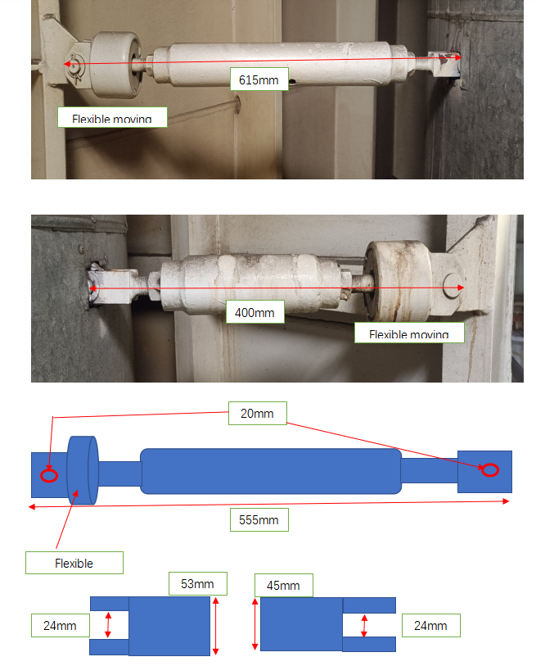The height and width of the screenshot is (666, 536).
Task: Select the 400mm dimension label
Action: pyautogui.click(x=254, y=312)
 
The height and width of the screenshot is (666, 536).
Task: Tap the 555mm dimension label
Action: pyautogui.click(x=259, y=519)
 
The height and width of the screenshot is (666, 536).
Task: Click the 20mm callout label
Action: pyautogui.click(x=257, y=415)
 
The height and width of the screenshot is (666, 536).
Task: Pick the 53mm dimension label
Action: pyautogui.click(x=197, y=584)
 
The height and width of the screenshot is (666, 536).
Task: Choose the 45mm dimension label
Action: pyautogui.click(x=284, y=586)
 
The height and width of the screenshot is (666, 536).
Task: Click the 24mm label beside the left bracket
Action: pyautogui.click(x=60, y=626)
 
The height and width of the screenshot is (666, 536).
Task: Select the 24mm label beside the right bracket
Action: pyautogui.click(x=430, y=626)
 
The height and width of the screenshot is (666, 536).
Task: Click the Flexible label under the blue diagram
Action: pyautogui.click(x=74, y=563)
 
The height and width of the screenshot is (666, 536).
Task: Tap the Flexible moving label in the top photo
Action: pyautogui.click(x=112, y=118)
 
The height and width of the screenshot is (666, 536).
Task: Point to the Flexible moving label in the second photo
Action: pyautogui.click(x=408, y=333)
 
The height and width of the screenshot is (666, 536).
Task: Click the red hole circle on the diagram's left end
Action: pyautogui.click(x=49, y=475)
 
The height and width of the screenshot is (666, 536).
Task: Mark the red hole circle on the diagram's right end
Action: pyautogui.click(x=489, y=469)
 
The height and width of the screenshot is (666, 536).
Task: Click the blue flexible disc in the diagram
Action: pyautogui.click(x=83, y=471)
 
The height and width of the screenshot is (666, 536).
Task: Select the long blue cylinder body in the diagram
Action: pyautogui.click(x=270, y=471)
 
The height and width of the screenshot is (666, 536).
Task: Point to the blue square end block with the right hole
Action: pyautogui.click(x=484, y=472)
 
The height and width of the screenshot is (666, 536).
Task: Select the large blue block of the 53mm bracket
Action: pyautogui.click(x=169, y=626)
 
